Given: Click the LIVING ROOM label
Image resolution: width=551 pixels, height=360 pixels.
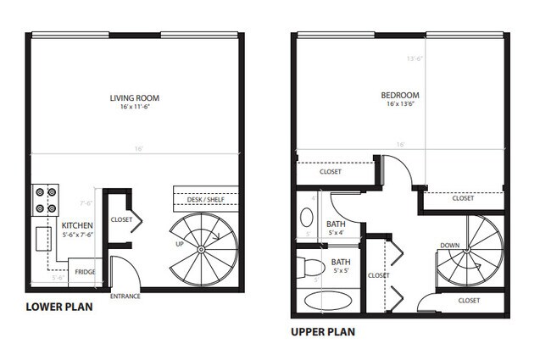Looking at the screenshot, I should tap(134, 98).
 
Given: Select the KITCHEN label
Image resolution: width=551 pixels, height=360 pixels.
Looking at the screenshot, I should tap(77, 225).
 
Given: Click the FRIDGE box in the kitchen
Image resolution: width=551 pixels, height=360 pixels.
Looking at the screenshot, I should tap(85, 272).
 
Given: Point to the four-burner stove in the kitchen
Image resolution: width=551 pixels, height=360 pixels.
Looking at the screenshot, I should tap(44, 199).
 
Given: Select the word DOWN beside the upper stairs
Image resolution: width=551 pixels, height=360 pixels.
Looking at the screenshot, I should tap(450, 246).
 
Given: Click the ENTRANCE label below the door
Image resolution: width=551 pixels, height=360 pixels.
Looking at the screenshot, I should tap(125, 296).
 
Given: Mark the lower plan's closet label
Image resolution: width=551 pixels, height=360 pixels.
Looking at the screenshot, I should tap(121, 219).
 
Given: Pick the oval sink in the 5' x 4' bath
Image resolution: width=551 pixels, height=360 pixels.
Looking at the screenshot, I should tap(307, 217).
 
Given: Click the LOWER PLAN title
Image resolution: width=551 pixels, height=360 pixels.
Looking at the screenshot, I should tap(59, 307).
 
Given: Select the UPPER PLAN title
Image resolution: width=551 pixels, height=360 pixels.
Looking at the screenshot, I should tap(323, 332).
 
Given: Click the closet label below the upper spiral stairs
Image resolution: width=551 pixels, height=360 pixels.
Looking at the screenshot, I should tap(469, 301).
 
